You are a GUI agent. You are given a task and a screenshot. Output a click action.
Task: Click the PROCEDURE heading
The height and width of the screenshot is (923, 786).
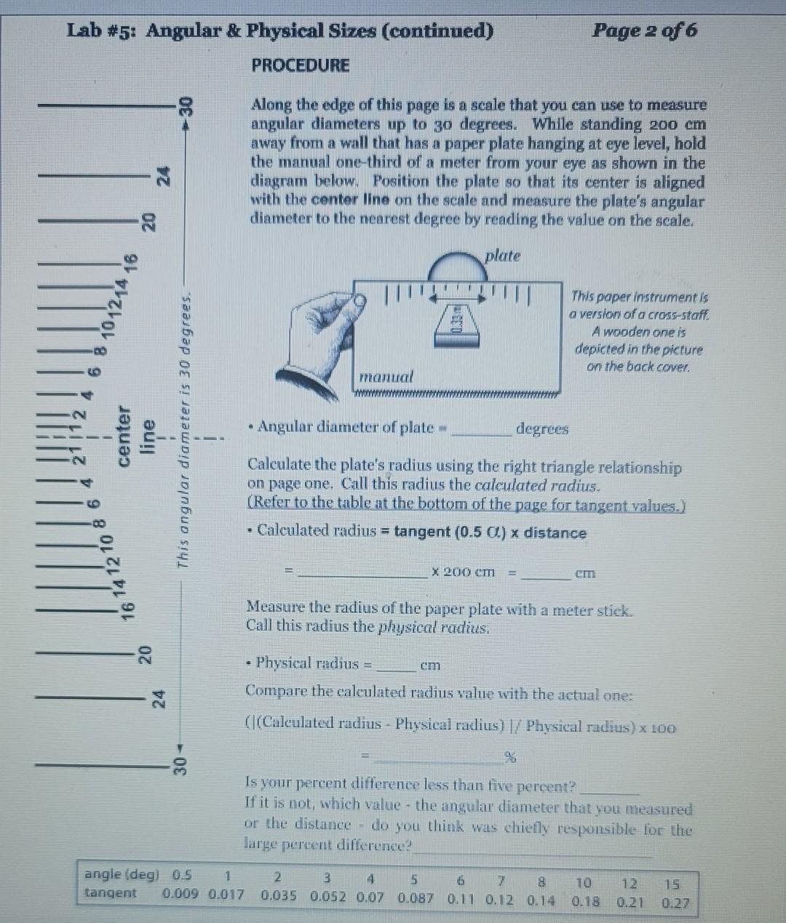300,65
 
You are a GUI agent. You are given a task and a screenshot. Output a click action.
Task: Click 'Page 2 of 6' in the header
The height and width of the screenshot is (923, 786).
644,31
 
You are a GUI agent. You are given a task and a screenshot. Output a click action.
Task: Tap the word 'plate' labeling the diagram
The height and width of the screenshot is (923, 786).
503,256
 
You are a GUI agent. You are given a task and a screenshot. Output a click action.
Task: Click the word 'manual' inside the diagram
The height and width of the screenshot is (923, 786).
386,377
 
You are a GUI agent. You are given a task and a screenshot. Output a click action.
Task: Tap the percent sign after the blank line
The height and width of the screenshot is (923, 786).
510,759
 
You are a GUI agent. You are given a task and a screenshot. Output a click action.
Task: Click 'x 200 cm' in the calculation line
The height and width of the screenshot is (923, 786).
463,572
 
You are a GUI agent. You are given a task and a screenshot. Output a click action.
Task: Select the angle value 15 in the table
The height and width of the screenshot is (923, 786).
672,884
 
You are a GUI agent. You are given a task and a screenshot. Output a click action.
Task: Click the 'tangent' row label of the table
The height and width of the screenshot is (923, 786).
111,892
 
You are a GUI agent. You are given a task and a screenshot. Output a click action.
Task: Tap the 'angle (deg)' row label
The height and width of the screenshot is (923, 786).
121,874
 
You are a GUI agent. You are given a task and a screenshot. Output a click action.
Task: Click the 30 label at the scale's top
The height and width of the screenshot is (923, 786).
186,108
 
